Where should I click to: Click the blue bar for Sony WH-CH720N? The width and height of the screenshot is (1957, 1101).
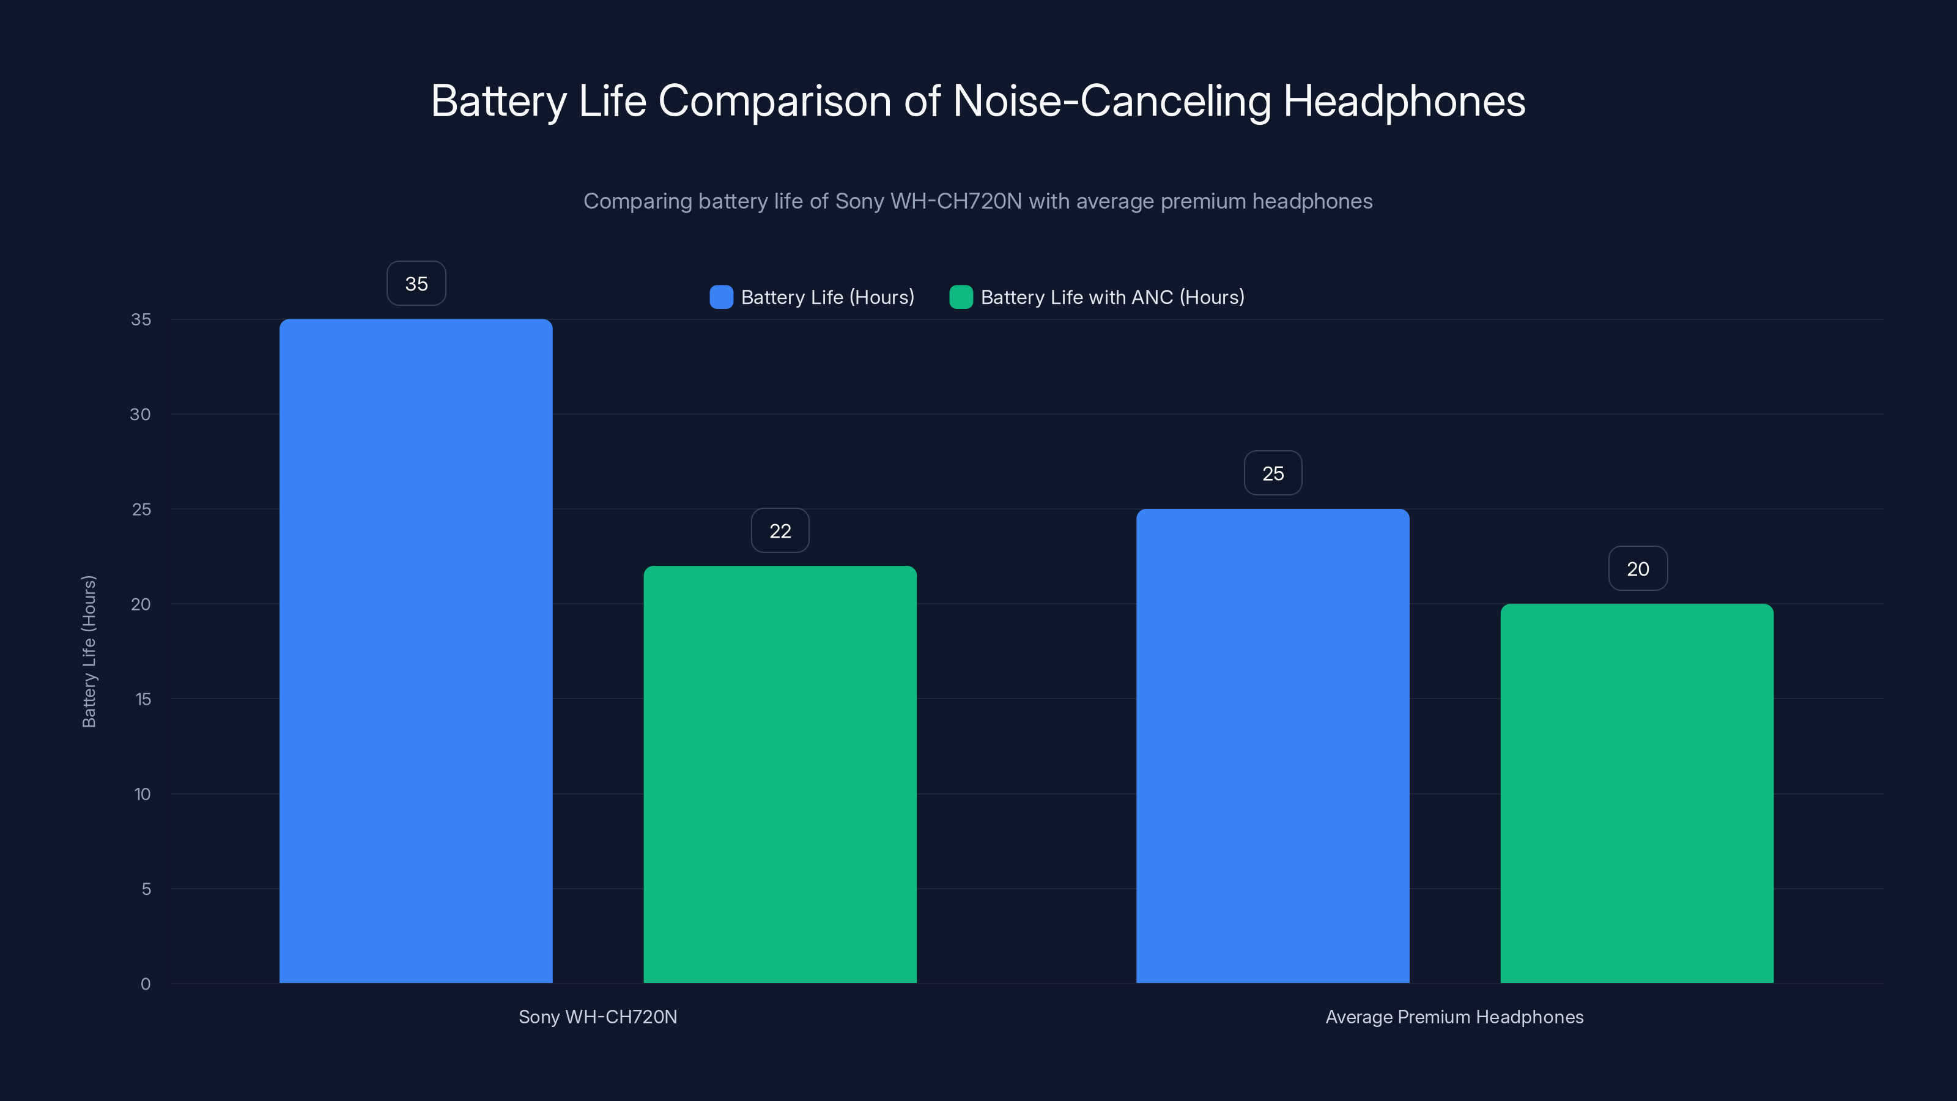tap(416, 650)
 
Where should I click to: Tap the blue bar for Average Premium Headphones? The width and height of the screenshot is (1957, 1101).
tap(1273, 746)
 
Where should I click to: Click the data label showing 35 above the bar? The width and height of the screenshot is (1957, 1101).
tap(416, 283)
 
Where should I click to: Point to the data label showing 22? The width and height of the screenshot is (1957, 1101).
tap(780, 530)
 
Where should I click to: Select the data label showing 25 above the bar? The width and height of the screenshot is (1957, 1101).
tap(1273, 473)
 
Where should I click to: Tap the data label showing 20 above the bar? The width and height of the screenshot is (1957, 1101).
tap(1637, 568)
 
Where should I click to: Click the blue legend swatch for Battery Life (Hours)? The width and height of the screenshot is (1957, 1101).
tap(721, 297)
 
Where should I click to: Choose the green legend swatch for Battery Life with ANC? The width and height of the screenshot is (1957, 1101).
tap(961, 297)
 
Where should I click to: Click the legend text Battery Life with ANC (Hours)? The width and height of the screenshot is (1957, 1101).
tap(1112, 297)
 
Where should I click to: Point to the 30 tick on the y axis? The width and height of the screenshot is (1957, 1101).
tap(141, 414)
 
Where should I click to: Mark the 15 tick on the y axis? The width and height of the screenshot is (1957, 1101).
tap(143, 699)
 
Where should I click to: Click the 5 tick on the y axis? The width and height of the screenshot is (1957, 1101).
tap(146, 889)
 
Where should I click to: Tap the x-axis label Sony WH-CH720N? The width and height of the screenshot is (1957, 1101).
tap(598, 1017)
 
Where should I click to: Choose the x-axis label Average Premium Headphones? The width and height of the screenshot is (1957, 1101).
tap(1454, 1017)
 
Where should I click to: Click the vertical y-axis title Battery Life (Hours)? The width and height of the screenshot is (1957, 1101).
tap(89, 651)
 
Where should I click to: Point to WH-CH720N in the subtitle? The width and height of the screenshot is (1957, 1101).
tap(956, 201)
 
